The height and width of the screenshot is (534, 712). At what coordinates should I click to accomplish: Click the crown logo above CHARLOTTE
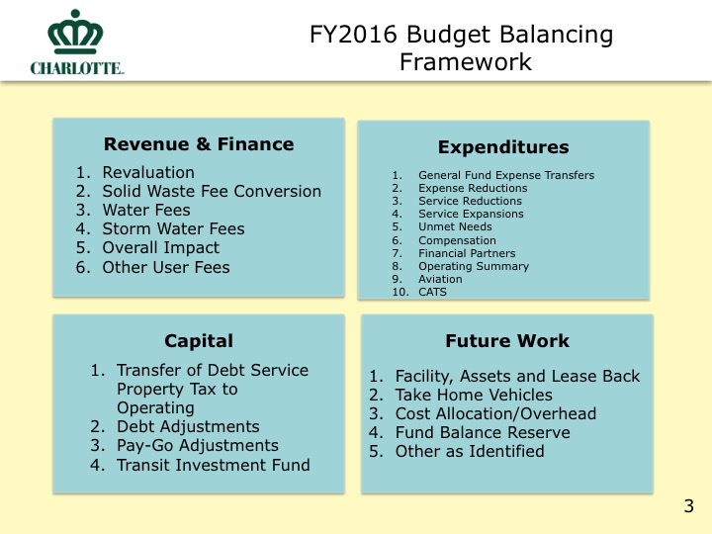tap(75, 32)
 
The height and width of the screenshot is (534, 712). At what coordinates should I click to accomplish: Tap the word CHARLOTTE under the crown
tap(77, 68)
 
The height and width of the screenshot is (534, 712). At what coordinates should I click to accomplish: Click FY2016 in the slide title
tap(353, 35)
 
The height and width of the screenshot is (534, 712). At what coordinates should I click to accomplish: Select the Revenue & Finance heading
tap(199, 144)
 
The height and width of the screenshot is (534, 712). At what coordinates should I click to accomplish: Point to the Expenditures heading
tap(503, 147)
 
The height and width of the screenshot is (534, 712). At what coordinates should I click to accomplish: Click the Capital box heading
tap(199, 341)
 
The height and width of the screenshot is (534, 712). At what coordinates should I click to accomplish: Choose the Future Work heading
tap(507, 341)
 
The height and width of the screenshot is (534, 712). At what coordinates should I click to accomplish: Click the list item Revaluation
tap(148, 172)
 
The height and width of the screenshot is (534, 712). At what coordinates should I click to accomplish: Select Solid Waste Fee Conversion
tap(212, 191)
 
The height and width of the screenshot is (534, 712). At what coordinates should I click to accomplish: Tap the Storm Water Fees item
tap(173, 228)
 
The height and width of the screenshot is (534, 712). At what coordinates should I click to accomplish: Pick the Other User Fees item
tap(166, 267)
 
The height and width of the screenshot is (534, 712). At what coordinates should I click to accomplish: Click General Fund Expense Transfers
tap(506, 175)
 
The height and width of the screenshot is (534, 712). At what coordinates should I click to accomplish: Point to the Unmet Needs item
tap(455, 226)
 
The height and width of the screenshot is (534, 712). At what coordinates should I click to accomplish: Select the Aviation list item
tap(440, 279)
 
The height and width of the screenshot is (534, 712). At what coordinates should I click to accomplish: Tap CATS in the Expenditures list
tap(433, 292)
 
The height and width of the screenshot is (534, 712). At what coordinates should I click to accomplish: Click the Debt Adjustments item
tap(188, 427)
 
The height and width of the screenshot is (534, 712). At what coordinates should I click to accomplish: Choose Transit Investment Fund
tap(214, 465)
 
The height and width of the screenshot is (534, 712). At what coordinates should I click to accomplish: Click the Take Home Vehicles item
tap(474, 395)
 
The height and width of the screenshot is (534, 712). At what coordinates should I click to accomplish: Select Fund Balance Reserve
tap(483, 432)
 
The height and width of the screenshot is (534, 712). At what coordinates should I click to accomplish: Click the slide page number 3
tap(689, 506)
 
